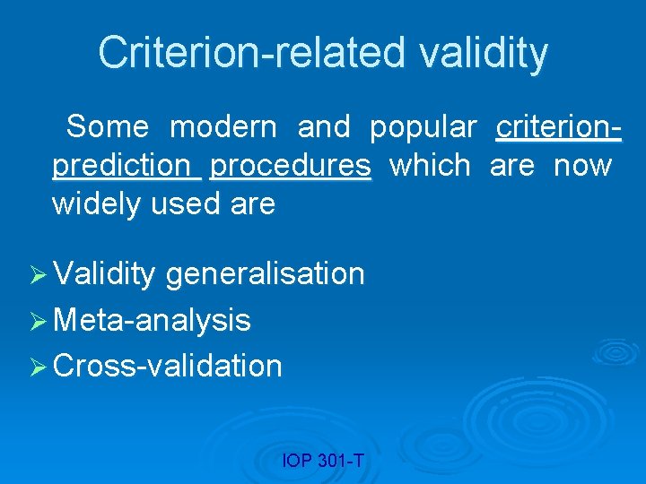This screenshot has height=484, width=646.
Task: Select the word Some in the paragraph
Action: click(108, 127)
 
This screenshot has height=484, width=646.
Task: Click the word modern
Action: click(223, 127)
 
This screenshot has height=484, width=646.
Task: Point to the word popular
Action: click(423, 127)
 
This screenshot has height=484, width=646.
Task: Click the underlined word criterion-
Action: click(558, 127)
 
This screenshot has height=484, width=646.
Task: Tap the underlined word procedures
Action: click(290, 166)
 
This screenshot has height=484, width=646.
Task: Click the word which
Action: click(430, 166)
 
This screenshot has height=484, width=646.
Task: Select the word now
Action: click(582, 166)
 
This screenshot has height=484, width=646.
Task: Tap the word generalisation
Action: click(266, 273)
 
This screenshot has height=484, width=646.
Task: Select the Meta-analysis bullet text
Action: click(152, 320)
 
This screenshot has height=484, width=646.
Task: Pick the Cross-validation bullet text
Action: click(168, 366)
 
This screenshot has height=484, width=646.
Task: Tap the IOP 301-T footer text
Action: click(322, 462)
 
